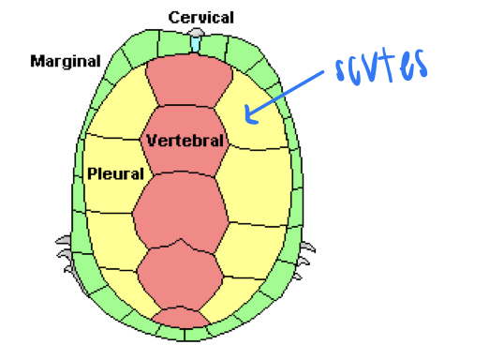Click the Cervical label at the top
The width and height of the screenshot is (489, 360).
click(200, 18)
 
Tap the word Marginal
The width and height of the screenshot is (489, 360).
click(65, 62)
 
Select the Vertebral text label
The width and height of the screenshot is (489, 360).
click(185, 142)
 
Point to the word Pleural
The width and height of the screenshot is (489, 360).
click(115, 173)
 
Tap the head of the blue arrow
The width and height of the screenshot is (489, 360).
click(246, 117)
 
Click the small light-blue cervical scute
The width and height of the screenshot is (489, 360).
click(195, 42)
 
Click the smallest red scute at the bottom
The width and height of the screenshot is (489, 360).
click(182, 317)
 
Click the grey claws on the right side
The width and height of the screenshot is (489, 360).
click(305, 252)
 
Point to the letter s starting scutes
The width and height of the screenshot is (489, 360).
click(343, 71)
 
